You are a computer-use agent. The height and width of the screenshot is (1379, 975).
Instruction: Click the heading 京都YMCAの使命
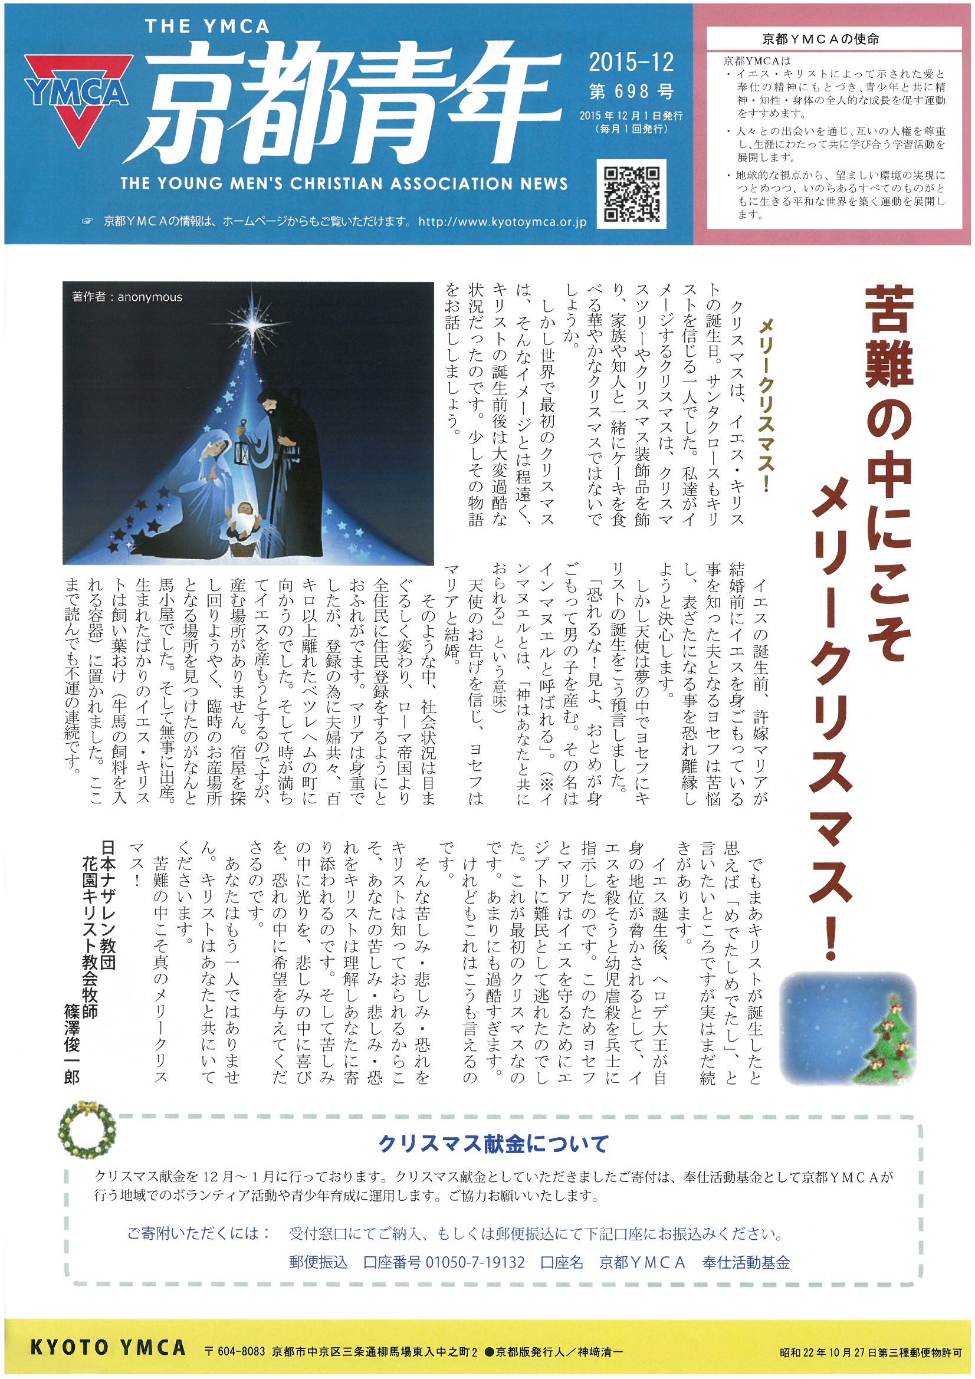pos(837,40)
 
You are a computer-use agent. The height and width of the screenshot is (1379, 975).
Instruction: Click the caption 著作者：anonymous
pos(126,297)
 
